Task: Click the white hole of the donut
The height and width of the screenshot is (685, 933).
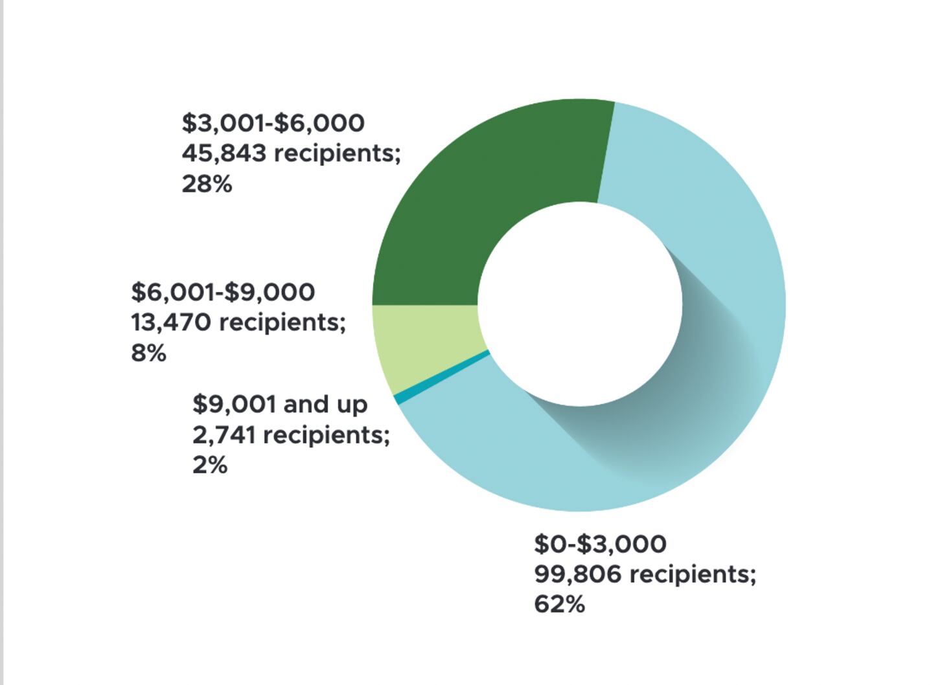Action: coord(580,304)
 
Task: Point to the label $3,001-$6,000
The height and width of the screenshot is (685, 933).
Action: coord(273,123)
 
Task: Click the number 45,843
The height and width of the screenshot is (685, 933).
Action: coord(224,153)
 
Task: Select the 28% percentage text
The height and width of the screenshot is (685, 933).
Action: coord(207,185)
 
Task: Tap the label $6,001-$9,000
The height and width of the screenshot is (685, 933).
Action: coord(223,292)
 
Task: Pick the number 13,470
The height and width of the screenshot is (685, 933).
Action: coord(171,322)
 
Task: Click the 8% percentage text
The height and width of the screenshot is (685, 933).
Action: coord(148,354)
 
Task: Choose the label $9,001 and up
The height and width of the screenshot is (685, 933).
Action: coord(280,405)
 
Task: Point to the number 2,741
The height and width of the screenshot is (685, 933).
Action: coord(224,435)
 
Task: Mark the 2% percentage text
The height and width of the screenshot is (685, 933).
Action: coord(210,466)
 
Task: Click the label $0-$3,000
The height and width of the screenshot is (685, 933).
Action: coord(600,544)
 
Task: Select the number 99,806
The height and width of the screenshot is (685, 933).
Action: coord(578,574)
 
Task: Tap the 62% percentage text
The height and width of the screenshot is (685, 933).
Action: coord(559,605)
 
